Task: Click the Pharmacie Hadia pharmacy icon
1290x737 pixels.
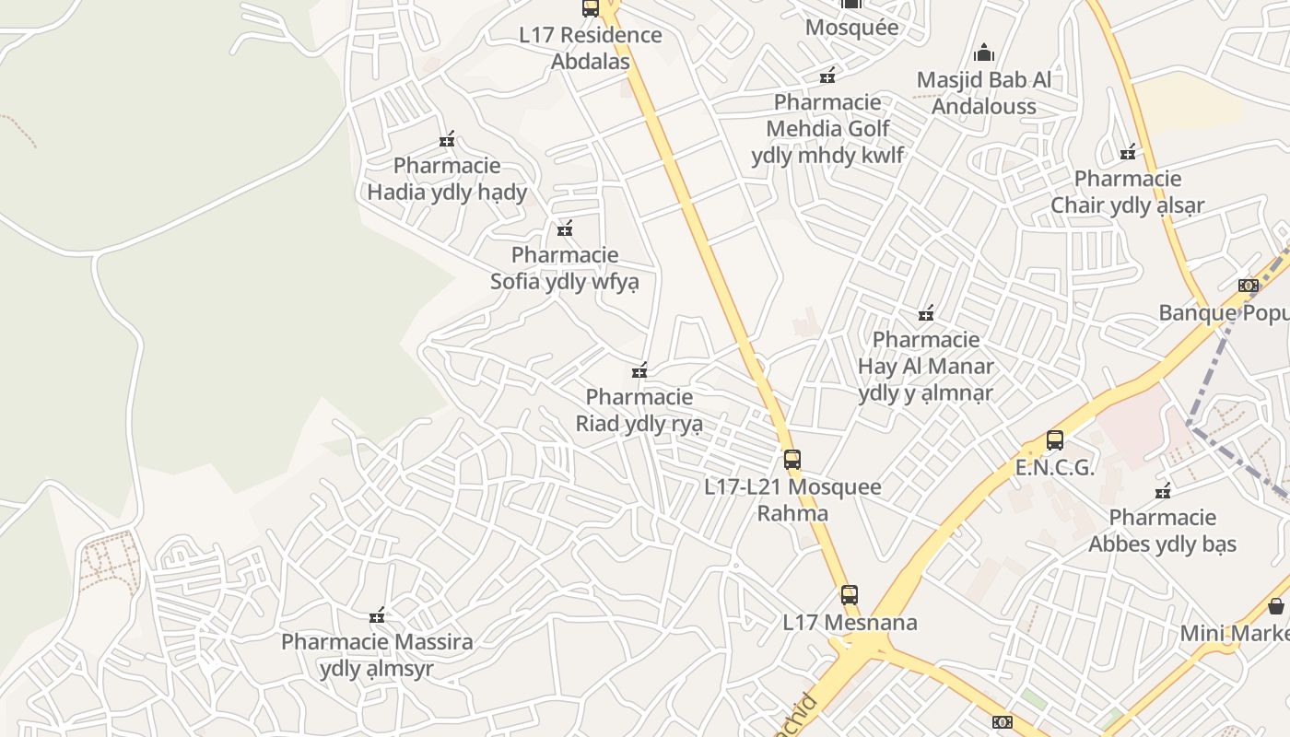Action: (x=447, y=140)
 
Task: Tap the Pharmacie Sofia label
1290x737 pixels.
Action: (x=564, y=268)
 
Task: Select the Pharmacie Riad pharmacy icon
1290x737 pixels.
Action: (x=639, y=371)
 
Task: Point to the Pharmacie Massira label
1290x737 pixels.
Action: (x=377, y=655)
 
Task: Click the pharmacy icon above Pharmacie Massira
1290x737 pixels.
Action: (x=377, y=615)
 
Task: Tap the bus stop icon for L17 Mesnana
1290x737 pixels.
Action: (x=850, y=595)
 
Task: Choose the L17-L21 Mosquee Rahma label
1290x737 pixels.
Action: (x=792, y=499)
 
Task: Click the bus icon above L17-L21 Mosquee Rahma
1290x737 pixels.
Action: (x=792, y=459)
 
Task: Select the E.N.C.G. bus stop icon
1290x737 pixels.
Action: (x=1055, y=440)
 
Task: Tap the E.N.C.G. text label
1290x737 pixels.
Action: (x=1055, y=467)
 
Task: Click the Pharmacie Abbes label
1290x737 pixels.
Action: (x=1162, y=531)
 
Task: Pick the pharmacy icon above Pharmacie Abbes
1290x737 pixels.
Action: (x=1163, y=490)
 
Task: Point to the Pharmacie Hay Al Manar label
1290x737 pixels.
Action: (x=926, y=366)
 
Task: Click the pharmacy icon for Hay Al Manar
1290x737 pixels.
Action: (x=926, y=313)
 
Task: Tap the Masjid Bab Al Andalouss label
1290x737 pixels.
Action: (x=984, y=93)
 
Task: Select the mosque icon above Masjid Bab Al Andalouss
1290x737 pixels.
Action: (x=984, y=52)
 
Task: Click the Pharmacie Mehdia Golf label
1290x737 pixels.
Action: (x=827, y=128)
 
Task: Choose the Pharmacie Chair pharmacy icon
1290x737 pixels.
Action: (x=1128, y=152)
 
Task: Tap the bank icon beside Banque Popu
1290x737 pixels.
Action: (x=1249, y=286)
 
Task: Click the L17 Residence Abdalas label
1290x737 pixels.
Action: (x=591, y=48)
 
